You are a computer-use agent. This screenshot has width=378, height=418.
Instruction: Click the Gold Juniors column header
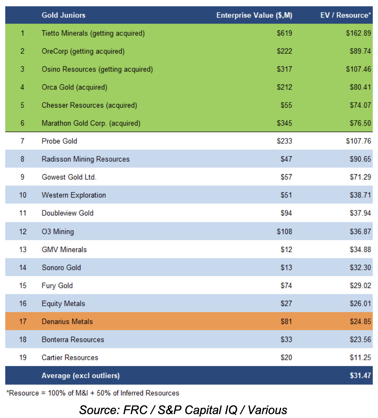[63, 15]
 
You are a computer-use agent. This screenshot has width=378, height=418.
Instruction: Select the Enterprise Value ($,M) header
[254, 15]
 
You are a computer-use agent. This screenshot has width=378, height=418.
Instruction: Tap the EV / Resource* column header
[345, 15]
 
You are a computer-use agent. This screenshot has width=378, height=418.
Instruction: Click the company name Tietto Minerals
[65, 33]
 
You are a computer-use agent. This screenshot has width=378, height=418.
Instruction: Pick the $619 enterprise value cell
[284, 33]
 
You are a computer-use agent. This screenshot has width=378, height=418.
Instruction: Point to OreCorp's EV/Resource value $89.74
[360, 51]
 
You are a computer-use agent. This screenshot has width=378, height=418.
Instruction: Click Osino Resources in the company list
[69, 69]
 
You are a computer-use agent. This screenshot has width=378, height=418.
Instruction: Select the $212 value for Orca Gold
[284, 87]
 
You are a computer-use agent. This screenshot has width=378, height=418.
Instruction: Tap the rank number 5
[22, 105]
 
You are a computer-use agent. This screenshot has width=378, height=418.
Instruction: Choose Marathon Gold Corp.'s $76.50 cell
[360, 123]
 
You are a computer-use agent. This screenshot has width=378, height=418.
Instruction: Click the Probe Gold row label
[59, 141]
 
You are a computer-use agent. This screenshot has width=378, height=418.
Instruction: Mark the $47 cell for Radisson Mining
[286, 159]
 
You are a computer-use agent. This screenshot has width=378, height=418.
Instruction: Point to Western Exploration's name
[74, 195]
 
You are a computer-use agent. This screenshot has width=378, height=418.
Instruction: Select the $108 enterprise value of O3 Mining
[284, 231]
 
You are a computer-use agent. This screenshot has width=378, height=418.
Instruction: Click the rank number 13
[23, 249]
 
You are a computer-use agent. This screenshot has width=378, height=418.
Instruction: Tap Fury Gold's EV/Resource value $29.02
[360, 285]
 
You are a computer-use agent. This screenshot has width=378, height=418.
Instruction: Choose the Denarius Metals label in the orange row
[67, 322]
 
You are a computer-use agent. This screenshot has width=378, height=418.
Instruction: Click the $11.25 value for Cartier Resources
[360, 358]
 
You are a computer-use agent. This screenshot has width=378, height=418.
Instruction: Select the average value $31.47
[360, 375]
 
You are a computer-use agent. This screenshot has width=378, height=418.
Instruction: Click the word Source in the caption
[100, 410]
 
